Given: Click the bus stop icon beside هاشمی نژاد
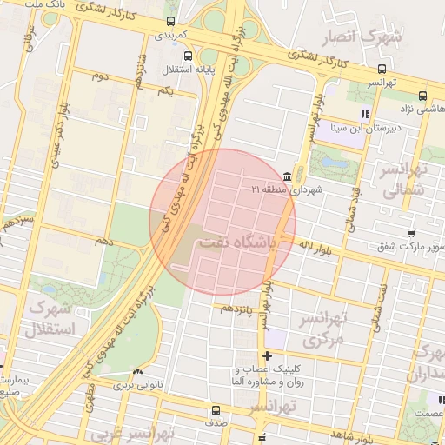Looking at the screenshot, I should tap(422, 96).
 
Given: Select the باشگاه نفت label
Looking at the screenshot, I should tap(236, 244).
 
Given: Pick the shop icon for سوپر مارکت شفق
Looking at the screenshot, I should tap(410, 234).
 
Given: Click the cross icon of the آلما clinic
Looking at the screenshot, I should tap(267, 355).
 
